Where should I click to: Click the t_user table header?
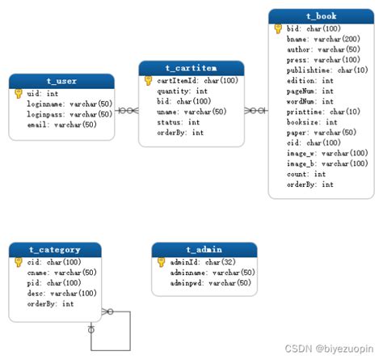(61, 81)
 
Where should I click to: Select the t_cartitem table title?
(191, 68)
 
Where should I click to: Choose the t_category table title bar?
(55, 249)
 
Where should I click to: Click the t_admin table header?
(204, 249)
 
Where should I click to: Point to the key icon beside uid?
(19, 94)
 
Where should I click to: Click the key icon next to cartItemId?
(149, 81)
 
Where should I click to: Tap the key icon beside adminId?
(161, 262)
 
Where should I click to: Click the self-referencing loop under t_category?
(112, 332)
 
